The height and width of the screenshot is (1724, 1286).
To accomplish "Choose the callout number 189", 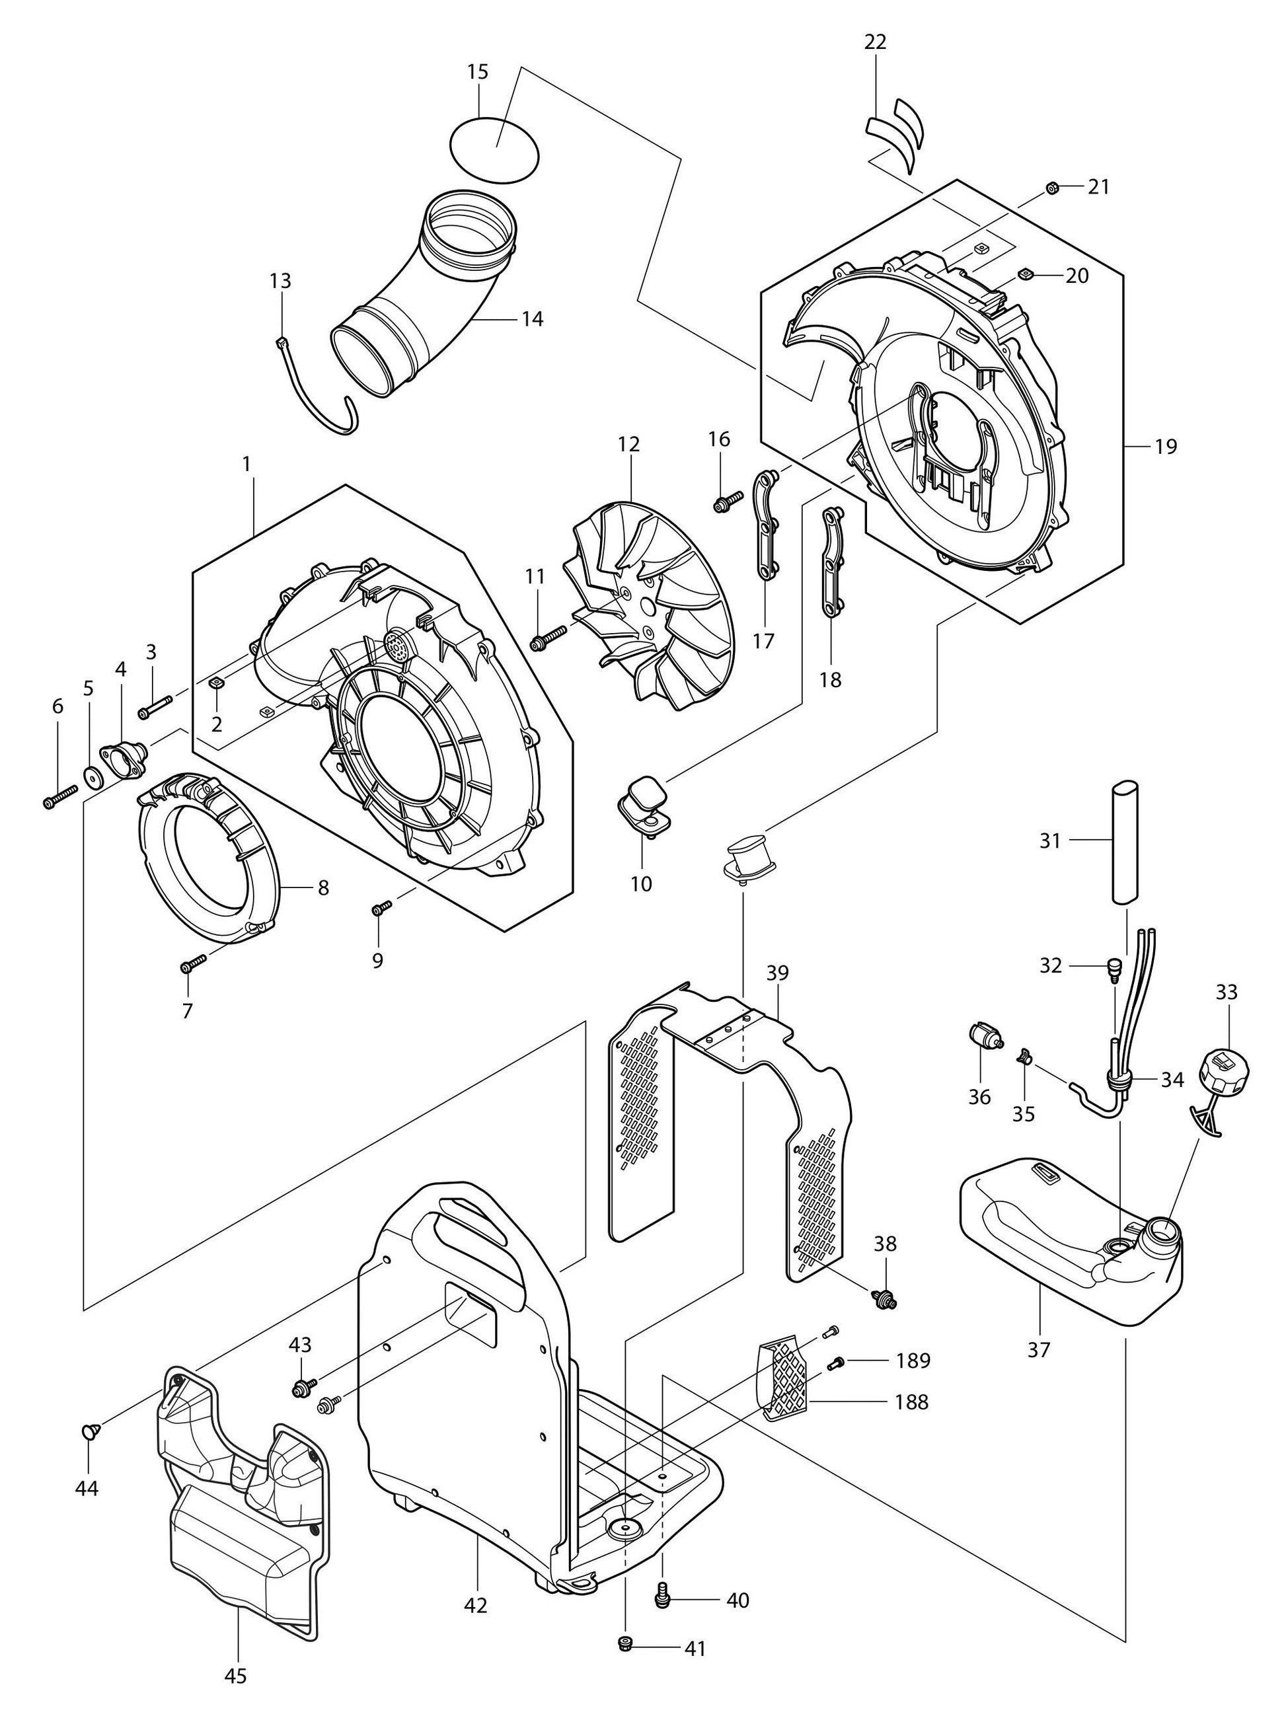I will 913,1361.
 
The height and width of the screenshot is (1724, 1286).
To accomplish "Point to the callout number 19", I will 1165,447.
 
